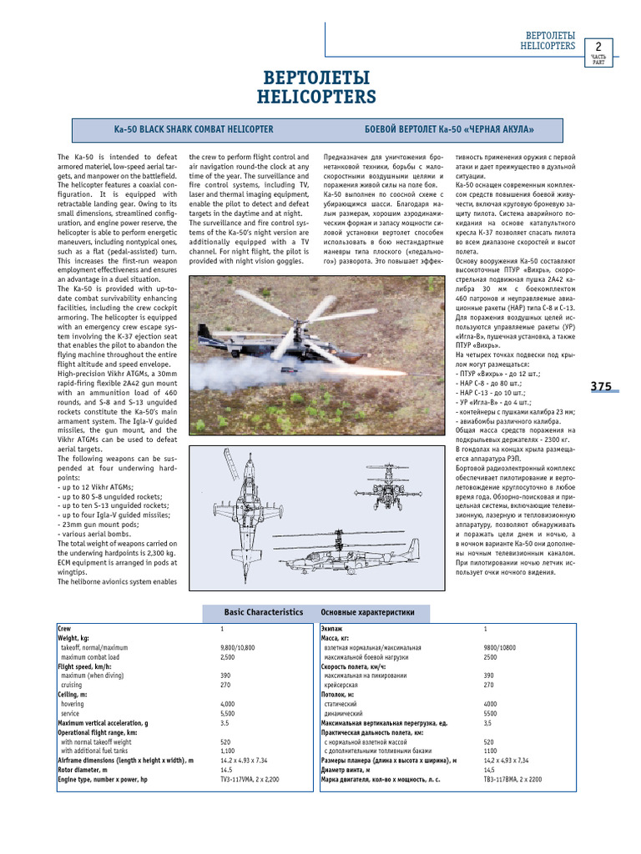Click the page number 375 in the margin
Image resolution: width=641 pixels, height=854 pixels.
[x=601, y=386]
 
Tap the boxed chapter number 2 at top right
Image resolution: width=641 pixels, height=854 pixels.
[x=598, y=46]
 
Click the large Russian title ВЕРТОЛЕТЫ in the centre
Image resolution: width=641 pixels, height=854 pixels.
[x=320, y=78]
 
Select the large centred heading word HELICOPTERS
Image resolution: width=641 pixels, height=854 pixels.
[x=320, y=98]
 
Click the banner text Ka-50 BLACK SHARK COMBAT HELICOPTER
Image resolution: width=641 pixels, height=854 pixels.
[x=194, y=130]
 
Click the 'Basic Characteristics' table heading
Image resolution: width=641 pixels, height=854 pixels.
[x=263, y=612]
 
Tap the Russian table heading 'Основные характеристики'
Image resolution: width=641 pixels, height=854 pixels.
[x=367, y=612]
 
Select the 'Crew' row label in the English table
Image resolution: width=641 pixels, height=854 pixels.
[x=65, y=627]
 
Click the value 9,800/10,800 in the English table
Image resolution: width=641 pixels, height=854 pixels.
[x=238, y=647]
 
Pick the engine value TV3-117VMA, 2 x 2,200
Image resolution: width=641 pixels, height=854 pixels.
[x=250, y=779]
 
